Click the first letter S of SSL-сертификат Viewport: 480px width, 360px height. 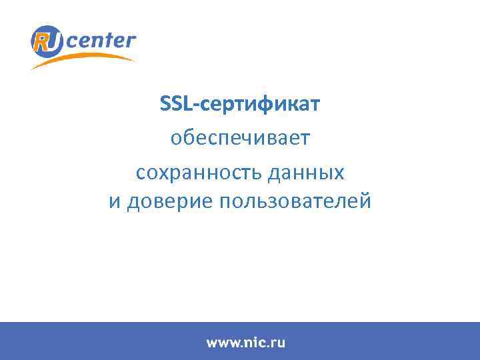pyautogui.click(x=165, y=104)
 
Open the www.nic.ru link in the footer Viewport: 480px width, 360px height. pyautogui.click(x=245, y=343)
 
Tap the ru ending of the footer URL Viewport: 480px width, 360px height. pyautogui.click(x=277, y=343)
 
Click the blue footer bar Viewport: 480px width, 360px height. pyautogui.click(x=400, y=341)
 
